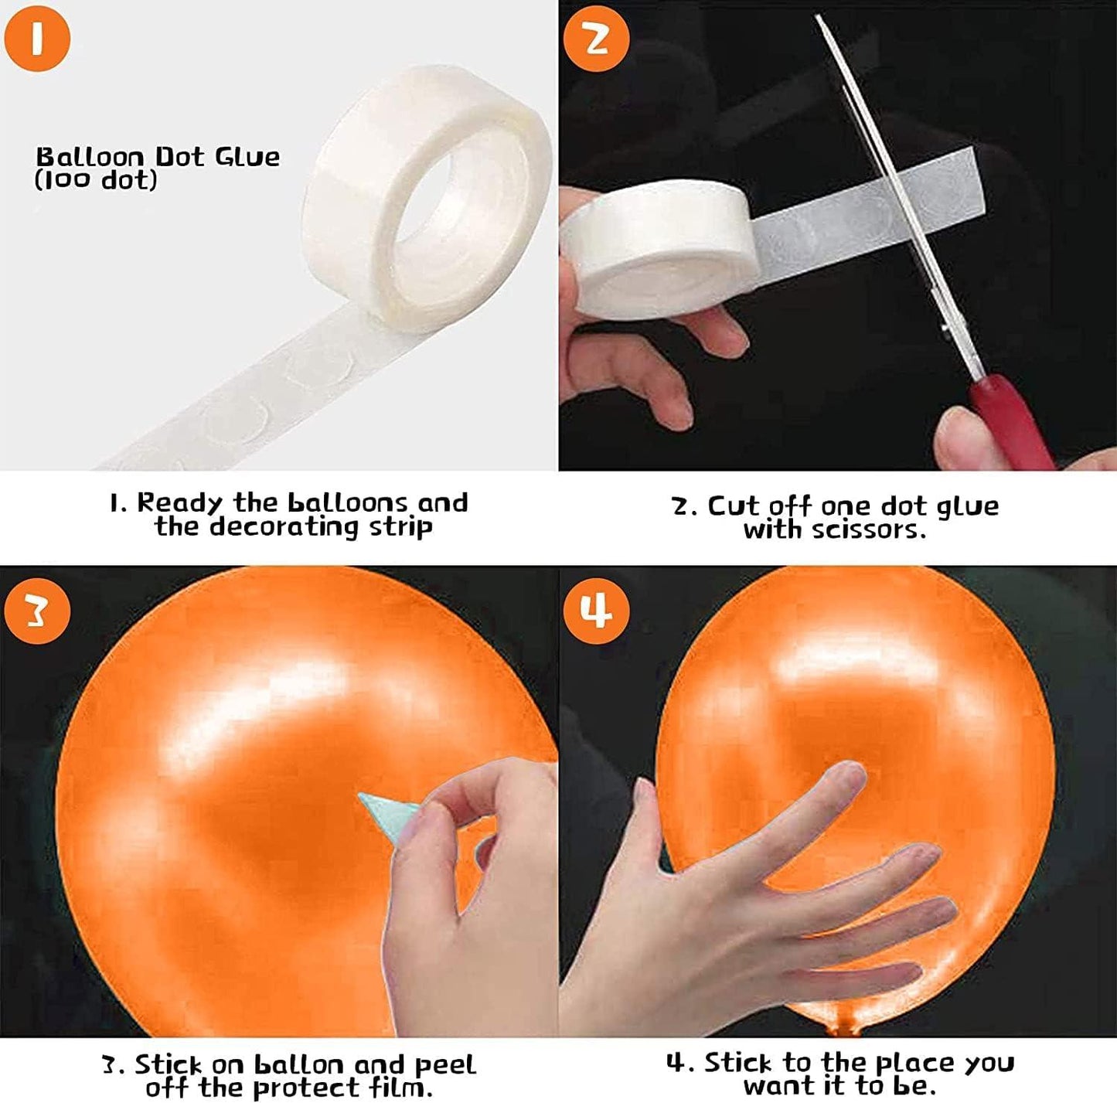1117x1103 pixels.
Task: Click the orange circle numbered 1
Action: coord(37,39)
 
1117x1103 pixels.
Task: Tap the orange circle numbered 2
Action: coord(596,39)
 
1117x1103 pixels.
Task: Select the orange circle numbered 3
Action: coord(37,611)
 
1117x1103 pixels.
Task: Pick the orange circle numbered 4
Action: coord(596,611)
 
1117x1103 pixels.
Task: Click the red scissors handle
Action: coord(1012,420)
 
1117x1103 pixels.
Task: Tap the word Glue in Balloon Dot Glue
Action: coord(247,157)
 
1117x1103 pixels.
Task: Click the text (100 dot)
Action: coord(96,179)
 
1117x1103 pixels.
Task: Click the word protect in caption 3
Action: coord(300,1088)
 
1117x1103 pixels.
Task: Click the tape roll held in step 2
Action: coord(657,248)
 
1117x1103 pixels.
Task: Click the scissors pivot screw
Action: coord(947,331)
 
